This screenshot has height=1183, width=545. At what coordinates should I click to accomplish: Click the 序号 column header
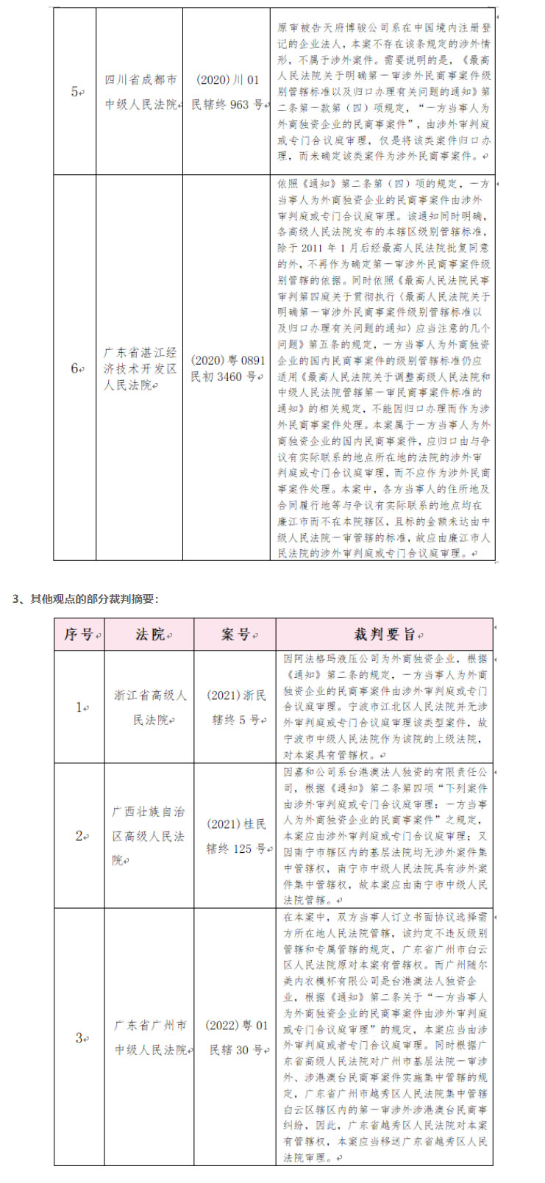80,635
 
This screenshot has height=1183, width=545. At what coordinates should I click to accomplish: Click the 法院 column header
151,635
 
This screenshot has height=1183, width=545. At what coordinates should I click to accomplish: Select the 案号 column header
235,635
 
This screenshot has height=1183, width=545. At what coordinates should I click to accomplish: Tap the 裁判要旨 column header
383,635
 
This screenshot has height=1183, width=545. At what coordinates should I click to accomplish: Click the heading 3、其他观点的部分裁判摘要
85,599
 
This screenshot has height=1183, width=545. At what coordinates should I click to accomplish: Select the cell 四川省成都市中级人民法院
140,92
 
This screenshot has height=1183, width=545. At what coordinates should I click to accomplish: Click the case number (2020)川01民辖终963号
227,92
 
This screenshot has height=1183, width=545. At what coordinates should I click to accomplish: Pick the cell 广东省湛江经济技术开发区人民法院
140,368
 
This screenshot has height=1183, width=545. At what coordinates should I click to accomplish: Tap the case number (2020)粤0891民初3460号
227,368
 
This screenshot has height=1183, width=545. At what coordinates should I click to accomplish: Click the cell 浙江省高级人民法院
150,707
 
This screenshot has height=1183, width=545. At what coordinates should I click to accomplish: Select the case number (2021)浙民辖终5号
236,707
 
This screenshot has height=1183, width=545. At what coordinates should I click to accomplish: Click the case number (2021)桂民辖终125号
236,836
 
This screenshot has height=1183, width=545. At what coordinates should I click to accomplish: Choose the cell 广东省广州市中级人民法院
150,1037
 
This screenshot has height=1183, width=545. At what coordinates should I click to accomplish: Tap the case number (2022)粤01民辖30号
236,1037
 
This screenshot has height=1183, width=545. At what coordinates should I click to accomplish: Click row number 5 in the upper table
75,92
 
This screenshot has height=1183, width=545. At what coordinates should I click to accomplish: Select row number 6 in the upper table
75,368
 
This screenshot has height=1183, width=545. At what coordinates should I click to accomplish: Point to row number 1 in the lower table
80,707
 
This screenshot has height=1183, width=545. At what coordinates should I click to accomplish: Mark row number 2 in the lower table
80,836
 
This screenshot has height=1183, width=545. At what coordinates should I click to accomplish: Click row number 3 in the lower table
80,1037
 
